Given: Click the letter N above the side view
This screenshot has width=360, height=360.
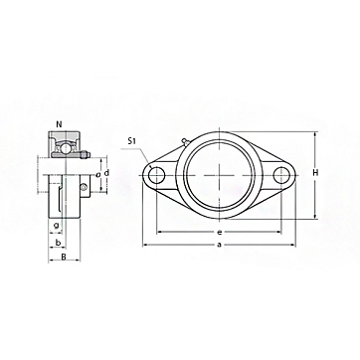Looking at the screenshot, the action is coord(59,124).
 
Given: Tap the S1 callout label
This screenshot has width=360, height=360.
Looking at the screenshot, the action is coord(132,141).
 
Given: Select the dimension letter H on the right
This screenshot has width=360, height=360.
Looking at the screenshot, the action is coord(316,172).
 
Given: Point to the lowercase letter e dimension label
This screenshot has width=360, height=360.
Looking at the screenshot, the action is coord(219,232).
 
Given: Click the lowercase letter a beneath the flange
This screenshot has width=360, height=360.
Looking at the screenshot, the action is coord(219,245).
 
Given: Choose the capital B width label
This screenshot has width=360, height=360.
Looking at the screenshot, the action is coord(65,257).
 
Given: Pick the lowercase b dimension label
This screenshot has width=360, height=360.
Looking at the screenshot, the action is coord(58,243).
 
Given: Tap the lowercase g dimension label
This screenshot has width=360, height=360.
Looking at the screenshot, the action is coord(57,226).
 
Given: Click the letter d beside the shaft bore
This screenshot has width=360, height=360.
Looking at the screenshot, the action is coord(106,173).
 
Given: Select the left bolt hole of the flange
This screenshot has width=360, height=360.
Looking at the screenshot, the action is coord(156,175).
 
